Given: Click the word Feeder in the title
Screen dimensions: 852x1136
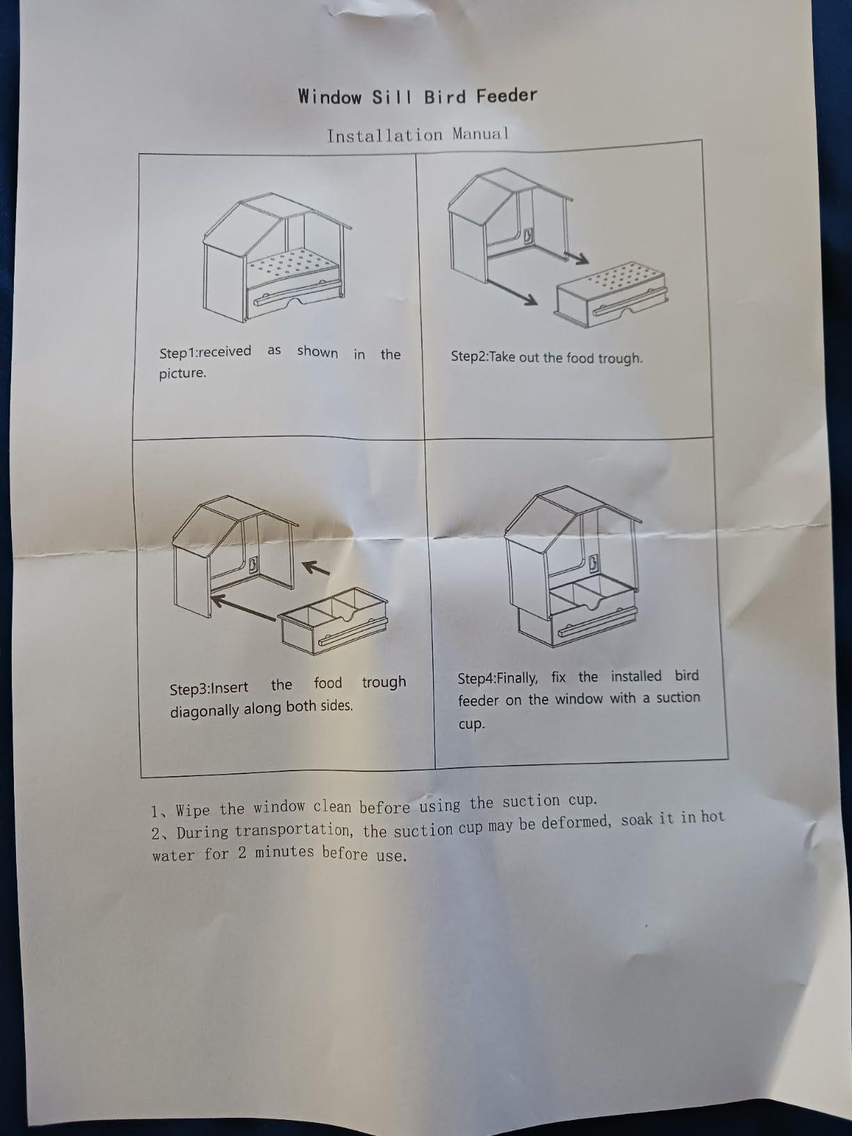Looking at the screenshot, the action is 507,96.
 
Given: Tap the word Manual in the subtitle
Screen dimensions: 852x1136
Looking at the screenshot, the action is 480,134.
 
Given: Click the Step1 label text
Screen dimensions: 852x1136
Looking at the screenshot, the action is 178,353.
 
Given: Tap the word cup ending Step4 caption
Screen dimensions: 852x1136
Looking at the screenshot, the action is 471,724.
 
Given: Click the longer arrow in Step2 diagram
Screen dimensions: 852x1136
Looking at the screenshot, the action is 512,292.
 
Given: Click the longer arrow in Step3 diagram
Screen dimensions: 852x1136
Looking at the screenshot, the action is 243,608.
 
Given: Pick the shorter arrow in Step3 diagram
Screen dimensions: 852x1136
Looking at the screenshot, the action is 316,568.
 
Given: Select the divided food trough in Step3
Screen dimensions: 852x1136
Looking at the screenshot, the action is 333,620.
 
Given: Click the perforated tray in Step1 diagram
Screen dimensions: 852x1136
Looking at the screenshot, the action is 293,267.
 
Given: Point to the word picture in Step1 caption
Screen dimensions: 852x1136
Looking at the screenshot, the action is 182,374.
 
